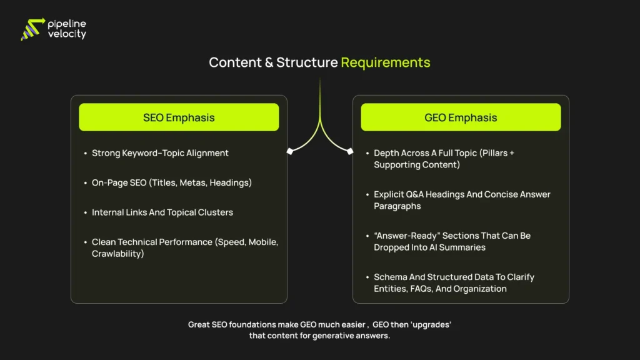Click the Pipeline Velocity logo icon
click(32, 29)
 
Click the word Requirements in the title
click(386, 62)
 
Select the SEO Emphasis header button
click(179, 117)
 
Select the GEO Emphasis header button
click(461, 117)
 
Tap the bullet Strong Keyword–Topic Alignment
click(160, 153)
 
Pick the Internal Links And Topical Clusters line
click(162, 212)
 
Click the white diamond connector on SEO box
click(290, 151)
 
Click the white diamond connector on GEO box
click(349, 151)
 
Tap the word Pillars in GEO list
click(492, 153)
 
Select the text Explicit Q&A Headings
click(419, 194)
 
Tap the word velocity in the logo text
click(67, 35)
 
